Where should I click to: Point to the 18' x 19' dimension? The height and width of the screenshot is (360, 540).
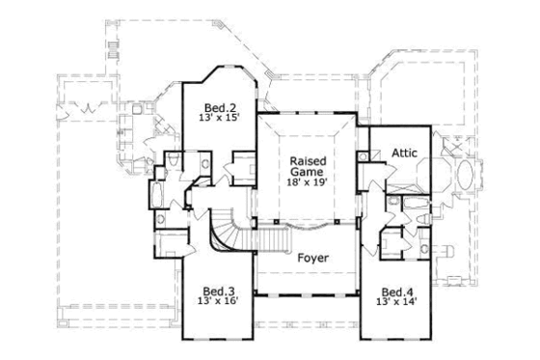309,180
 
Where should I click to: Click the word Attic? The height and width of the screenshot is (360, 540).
404,153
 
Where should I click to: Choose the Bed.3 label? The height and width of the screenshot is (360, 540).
218,291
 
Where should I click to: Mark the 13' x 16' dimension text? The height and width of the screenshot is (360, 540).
218,302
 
